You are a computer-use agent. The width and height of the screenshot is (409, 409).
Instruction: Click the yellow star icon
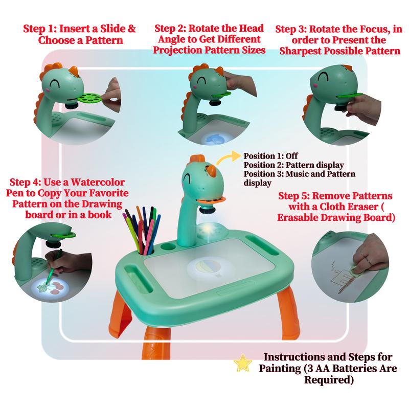[243, 363]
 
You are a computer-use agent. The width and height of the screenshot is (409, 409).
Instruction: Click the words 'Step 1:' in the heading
[40, 29]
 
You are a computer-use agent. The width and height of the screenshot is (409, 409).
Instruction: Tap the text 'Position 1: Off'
[270, 156]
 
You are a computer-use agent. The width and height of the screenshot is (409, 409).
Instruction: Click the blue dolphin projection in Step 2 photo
[213, 138]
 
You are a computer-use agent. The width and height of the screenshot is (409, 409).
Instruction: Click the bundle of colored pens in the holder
[143, 230]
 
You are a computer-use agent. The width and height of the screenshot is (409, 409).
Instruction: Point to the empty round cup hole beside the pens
[168, 246]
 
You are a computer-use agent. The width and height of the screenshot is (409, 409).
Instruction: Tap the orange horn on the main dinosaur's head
[211, 170]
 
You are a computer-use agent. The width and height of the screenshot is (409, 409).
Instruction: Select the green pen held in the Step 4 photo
[53, 266]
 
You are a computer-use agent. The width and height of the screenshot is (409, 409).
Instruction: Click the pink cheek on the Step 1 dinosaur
[48, 90]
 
